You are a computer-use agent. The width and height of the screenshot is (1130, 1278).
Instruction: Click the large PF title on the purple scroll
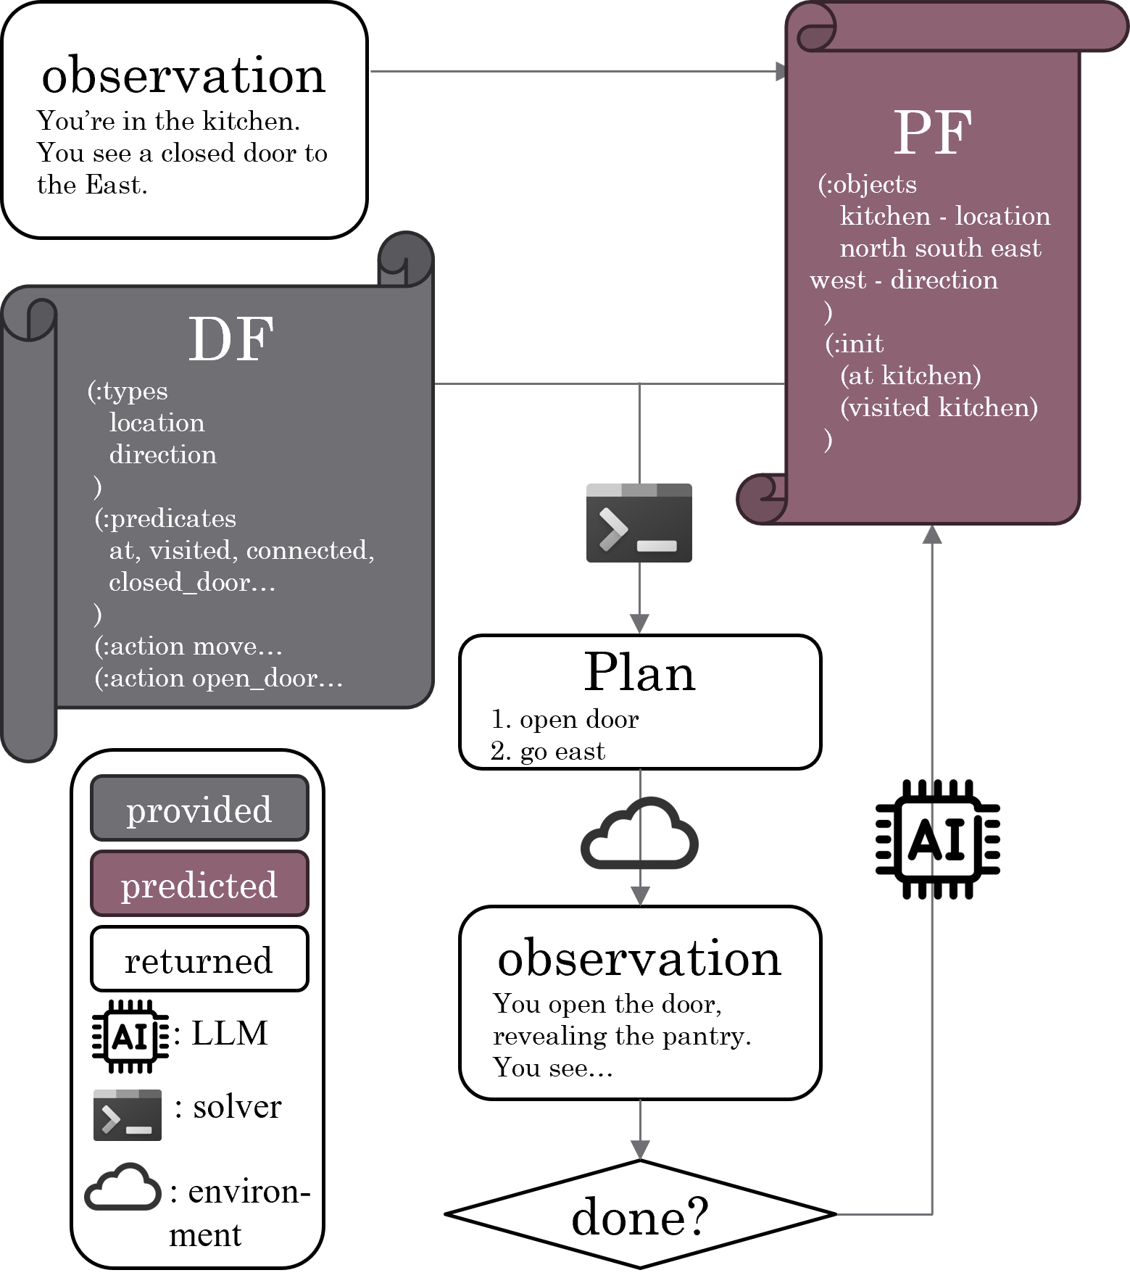click(x=932, y=133)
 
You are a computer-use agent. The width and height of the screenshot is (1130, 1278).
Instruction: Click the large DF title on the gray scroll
click(x=230, y=339)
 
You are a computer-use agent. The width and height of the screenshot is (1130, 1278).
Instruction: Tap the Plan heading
click(x=639, y=673)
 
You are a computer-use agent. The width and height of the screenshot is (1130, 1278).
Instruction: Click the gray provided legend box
click(x=199, y=808)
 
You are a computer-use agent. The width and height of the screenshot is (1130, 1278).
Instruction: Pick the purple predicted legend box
click(x=199, y=884)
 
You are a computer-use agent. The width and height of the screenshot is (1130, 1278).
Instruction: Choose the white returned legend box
click(x=199, y=960)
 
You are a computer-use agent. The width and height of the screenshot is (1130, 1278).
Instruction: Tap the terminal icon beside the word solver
click(x=128, y=1114)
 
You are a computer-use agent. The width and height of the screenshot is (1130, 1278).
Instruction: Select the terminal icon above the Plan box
click(x=639, y=523)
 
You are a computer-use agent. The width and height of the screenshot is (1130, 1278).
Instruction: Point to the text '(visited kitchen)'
click(x=939, y=407)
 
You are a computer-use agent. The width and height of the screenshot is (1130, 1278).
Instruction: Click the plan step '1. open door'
click(x=565, y=719)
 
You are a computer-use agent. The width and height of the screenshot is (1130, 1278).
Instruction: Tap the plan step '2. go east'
click(x=548, y=751)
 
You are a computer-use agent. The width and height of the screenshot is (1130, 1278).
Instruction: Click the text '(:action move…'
click(x=188, y=646)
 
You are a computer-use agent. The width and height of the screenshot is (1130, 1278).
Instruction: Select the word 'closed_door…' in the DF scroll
click(x=192, y=582)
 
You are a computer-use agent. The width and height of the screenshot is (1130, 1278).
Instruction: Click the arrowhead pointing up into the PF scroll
click(x=932, y=534)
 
